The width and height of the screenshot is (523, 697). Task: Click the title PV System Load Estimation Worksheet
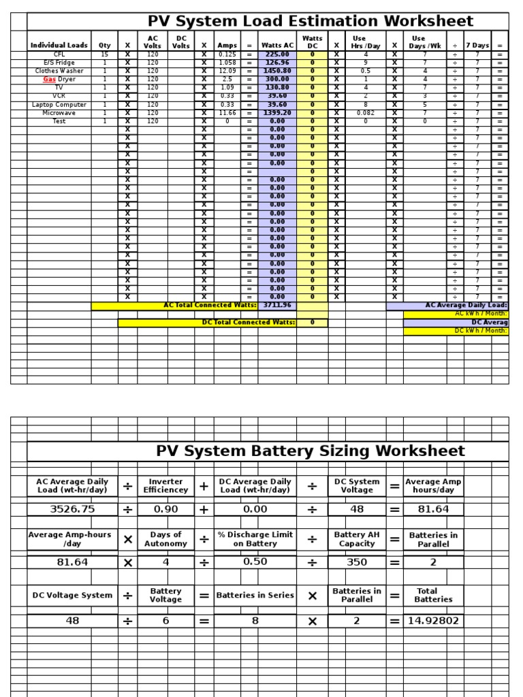[x=311, y=21]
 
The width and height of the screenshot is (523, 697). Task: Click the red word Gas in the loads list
[x=49, y=79]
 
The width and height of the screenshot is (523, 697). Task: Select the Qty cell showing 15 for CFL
[x=104, y=54]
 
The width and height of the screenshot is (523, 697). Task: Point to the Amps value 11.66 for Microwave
[x=227, y=113]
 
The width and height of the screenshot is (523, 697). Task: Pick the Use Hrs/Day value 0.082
[x=366, y=113]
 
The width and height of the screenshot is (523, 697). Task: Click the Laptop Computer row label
[x=59, y=105]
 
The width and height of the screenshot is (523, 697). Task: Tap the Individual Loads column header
[x=59, y=46]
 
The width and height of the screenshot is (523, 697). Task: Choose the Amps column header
[x=227, y=46]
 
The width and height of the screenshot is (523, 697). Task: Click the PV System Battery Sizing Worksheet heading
[x=311, y=451]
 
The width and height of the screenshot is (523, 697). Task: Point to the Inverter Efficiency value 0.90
[x=165, y=509]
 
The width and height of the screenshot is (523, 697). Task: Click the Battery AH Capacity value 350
[x=357, y=562]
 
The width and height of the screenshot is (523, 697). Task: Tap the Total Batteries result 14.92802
[x=433, y=621]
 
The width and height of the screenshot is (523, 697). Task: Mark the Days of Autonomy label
[x=165, y=539]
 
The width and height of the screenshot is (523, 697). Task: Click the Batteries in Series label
[x=255, y=595]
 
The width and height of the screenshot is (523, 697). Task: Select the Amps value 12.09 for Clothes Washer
[x=227, y=71]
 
